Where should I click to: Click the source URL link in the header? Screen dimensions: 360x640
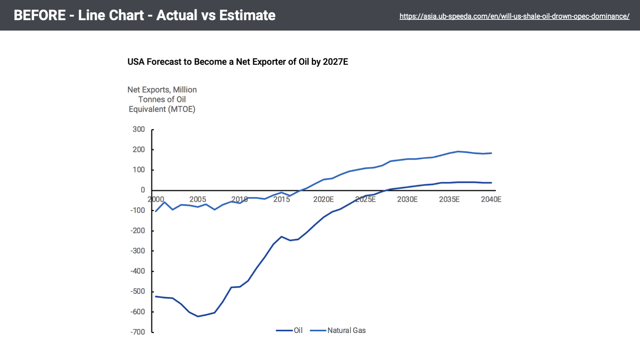coord(514,16)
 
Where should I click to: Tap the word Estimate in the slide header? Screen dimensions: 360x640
coord(247,15)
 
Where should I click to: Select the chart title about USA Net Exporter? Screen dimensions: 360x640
coord(238,62)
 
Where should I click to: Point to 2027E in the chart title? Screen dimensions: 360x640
coord(335,62)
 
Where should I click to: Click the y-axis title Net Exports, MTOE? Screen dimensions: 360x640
coord(162,99)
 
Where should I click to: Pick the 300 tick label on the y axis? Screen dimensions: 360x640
coord(139,129)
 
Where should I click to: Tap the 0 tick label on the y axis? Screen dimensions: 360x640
coord(143,190)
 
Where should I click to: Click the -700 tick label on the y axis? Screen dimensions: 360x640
coord(138,332)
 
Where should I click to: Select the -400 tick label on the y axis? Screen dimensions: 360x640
coord(138,271)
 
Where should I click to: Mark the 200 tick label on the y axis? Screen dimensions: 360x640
coord(139,149)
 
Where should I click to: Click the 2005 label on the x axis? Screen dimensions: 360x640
coord(198,199)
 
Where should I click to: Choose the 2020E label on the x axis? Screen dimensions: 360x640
coord(323,199)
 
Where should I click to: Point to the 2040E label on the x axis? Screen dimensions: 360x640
coord(491,199)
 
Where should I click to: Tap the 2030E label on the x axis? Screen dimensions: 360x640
coord(407,199)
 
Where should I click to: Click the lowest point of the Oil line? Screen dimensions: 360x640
coord(198,316)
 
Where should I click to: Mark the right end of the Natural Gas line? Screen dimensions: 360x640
coord(491,153)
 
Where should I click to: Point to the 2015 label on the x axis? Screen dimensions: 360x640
coord(281,199)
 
